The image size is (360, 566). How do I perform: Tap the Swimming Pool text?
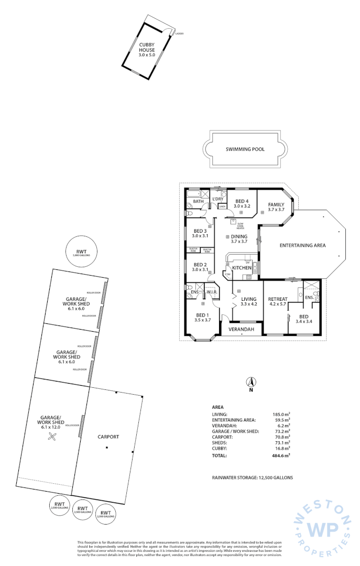(x=245, y=149)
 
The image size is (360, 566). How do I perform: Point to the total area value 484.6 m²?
(x=281, y=456)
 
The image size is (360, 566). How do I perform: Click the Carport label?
(x=108, y=437)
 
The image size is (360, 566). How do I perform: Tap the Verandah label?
(x=242, y=330)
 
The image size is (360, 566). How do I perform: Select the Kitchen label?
(x=242, y=268)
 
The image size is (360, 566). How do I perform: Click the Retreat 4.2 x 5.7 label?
(x=278, y=302)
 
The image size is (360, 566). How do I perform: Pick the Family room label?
(x=276, y=207)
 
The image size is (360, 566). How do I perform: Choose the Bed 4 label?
(x=242, y=204)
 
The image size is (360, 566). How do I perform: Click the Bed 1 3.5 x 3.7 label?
(x=202, y=317)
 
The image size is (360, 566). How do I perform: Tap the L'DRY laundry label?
(x=218, y=199)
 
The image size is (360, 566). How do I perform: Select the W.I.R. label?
(x=212, y=292)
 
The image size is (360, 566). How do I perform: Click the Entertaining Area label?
(x=302, y=245)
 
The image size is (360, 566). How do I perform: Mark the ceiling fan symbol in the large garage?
(x=53, y=437)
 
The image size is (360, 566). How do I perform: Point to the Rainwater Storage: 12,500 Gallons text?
(x=252, y=478)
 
